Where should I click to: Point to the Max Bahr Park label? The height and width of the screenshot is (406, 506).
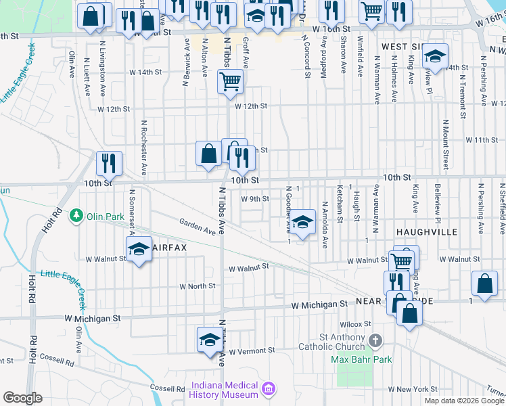362,359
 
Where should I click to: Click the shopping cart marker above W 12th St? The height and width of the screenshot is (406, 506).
230,83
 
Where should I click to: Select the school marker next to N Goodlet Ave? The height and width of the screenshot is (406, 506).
303,222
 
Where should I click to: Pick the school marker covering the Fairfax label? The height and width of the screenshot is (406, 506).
139,249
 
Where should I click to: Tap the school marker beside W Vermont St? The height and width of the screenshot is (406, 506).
210,340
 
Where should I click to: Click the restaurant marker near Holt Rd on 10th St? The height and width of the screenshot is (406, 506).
108,163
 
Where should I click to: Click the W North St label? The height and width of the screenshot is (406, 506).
197,286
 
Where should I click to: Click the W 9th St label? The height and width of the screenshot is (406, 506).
255,199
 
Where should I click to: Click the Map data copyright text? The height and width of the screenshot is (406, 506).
464,401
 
